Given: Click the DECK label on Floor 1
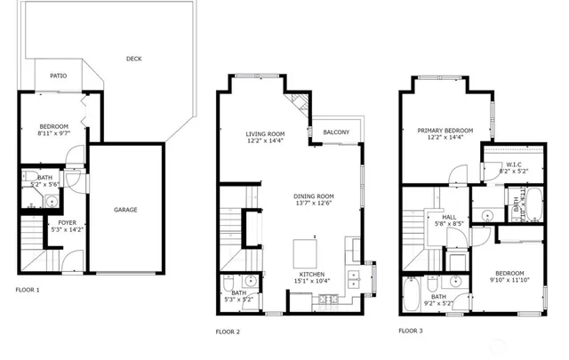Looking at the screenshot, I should (133, 59).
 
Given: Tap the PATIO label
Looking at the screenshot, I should (59, 76).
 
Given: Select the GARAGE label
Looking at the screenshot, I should (125, 210).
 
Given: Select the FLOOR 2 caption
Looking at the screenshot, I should (228, 332).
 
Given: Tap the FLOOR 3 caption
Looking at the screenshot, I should (411, 330).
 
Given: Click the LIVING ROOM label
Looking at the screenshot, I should (265, 134).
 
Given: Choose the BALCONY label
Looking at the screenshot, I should (336, 132).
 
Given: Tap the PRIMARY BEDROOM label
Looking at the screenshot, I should (445, 131).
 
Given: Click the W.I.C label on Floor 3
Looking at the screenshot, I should (513, 164).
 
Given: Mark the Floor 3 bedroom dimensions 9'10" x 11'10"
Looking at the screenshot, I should (509, 280).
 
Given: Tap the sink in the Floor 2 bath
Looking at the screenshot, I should (251, 282).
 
